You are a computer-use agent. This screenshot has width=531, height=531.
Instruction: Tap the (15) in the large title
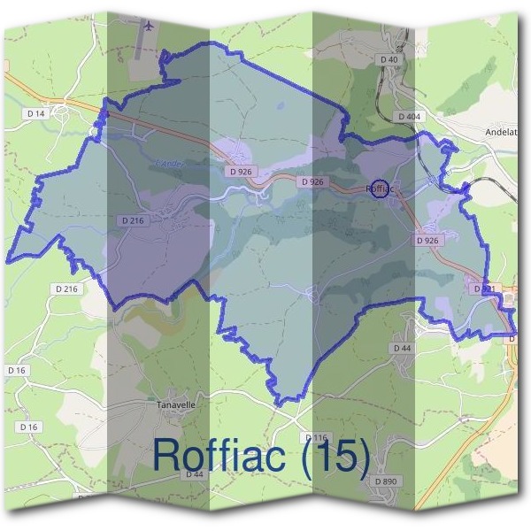(x=334, y=454)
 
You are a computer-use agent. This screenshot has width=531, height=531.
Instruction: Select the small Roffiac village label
(x=380, y=189)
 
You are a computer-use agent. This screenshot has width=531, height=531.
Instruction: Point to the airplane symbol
(x=147, y=27)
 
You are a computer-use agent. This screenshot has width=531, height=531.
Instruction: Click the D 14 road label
(x=35, y=113)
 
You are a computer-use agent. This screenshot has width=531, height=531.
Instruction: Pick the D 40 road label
(x=390, y=59)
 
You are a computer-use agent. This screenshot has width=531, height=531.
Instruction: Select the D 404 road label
(x=408, y=116)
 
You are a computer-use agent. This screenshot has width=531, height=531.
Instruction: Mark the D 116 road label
(x=316, y=438)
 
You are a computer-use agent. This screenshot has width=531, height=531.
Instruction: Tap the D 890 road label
(x=387, y=481)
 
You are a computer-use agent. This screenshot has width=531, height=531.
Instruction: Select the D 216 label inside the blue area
(x=131, y=220)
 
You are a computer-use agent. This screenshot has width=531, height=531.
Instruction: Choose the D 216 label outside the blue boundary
(x=66, y=289)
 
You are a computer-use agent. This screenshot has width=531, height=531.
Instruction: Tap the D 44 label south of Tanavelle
(x=195, y=475)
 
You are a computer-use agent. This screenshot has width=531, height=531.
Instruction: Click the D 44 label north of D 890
(x=402, y=349)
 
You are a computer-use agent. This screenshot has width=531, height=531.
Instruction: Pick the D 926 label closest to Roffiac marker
(x=312, y=181)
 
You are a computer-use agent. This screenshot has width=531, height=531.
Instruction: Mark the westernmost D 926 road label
(x=239, y=171)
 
